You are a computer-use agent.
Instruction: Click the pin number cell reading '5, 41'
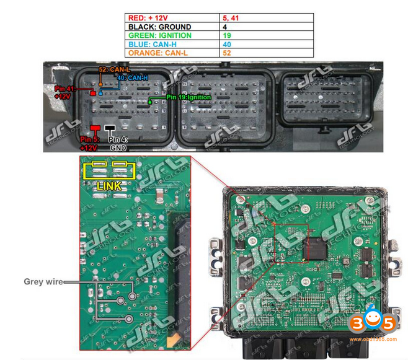point(267,18)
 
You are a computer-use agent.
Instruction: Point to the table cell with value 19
point(267,35)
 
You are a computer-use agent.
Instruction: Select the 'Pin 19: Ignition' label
point(188,97)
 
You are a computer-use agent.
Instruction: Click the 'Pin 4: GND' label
point(118,144)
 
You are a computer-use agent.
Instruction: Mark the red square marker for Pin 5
point(95,128)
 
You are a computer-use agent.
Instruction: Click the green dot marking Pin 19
point(149,101)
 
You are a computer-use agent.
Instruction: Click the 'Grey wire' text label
point(43,281)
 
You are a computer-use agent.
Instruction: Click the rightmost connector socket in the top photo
point(327,99)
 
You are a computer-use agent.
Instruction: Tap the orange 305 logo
point(372,323)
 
